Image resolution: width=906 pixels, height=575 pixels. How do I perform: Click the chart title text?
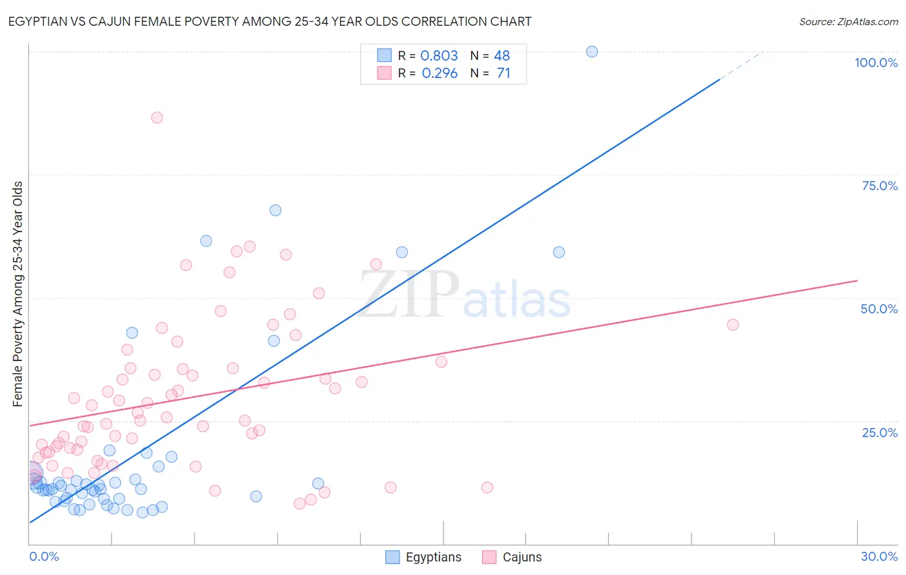pos(269,21)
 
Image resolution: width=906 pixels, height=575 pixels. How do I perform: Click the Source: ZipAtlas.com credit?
pos(848,22)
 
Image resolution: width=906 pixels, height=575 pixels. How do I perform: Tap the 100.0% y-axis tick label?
pos(876,63)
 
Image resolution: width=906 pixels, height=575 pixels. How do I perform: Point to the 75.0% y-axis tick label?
pos(880,186)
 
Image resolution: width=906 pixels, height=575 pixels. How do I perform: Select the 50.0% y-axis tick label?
pos(879,309)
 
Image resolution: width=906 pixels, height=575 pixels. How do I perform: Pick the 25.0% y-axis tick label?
pos(880,432)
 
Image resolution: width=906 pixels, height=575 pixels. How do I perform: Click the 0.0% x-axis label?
pos(44,556)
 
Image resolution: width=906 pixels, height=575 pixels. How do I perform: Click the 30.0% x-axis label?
pos(879,556)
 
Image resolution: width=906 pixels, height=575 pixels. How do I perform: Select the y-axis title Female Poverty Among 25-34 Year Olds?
pos(18,294)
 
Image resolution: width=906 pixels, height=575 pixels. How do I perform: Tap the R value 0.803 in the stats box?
pos(439,55)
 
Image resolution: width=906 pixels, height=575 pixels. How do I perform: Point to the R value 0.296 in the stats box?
pos(439,73)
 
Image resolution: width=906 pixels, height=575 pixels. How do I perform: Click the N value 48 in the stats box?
pos(502,55)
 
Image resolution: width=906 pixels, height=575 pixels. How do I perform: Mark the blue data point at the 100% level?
pos(592,52)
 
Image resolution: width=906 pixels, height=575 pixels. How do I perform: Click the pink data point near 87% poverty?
pos(157,117)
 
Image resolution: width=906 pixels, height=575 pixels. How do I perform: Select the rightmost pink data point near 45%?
pos(733,324)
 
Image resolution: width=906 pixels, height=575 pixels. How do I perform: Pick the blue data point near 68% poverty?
pos(275,210)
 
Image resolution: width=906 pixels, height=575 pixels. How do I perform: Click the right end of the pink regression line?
pos(857,280)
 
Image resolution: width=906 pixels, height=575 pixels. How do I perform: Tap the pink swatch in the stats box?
pos(384,73)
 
